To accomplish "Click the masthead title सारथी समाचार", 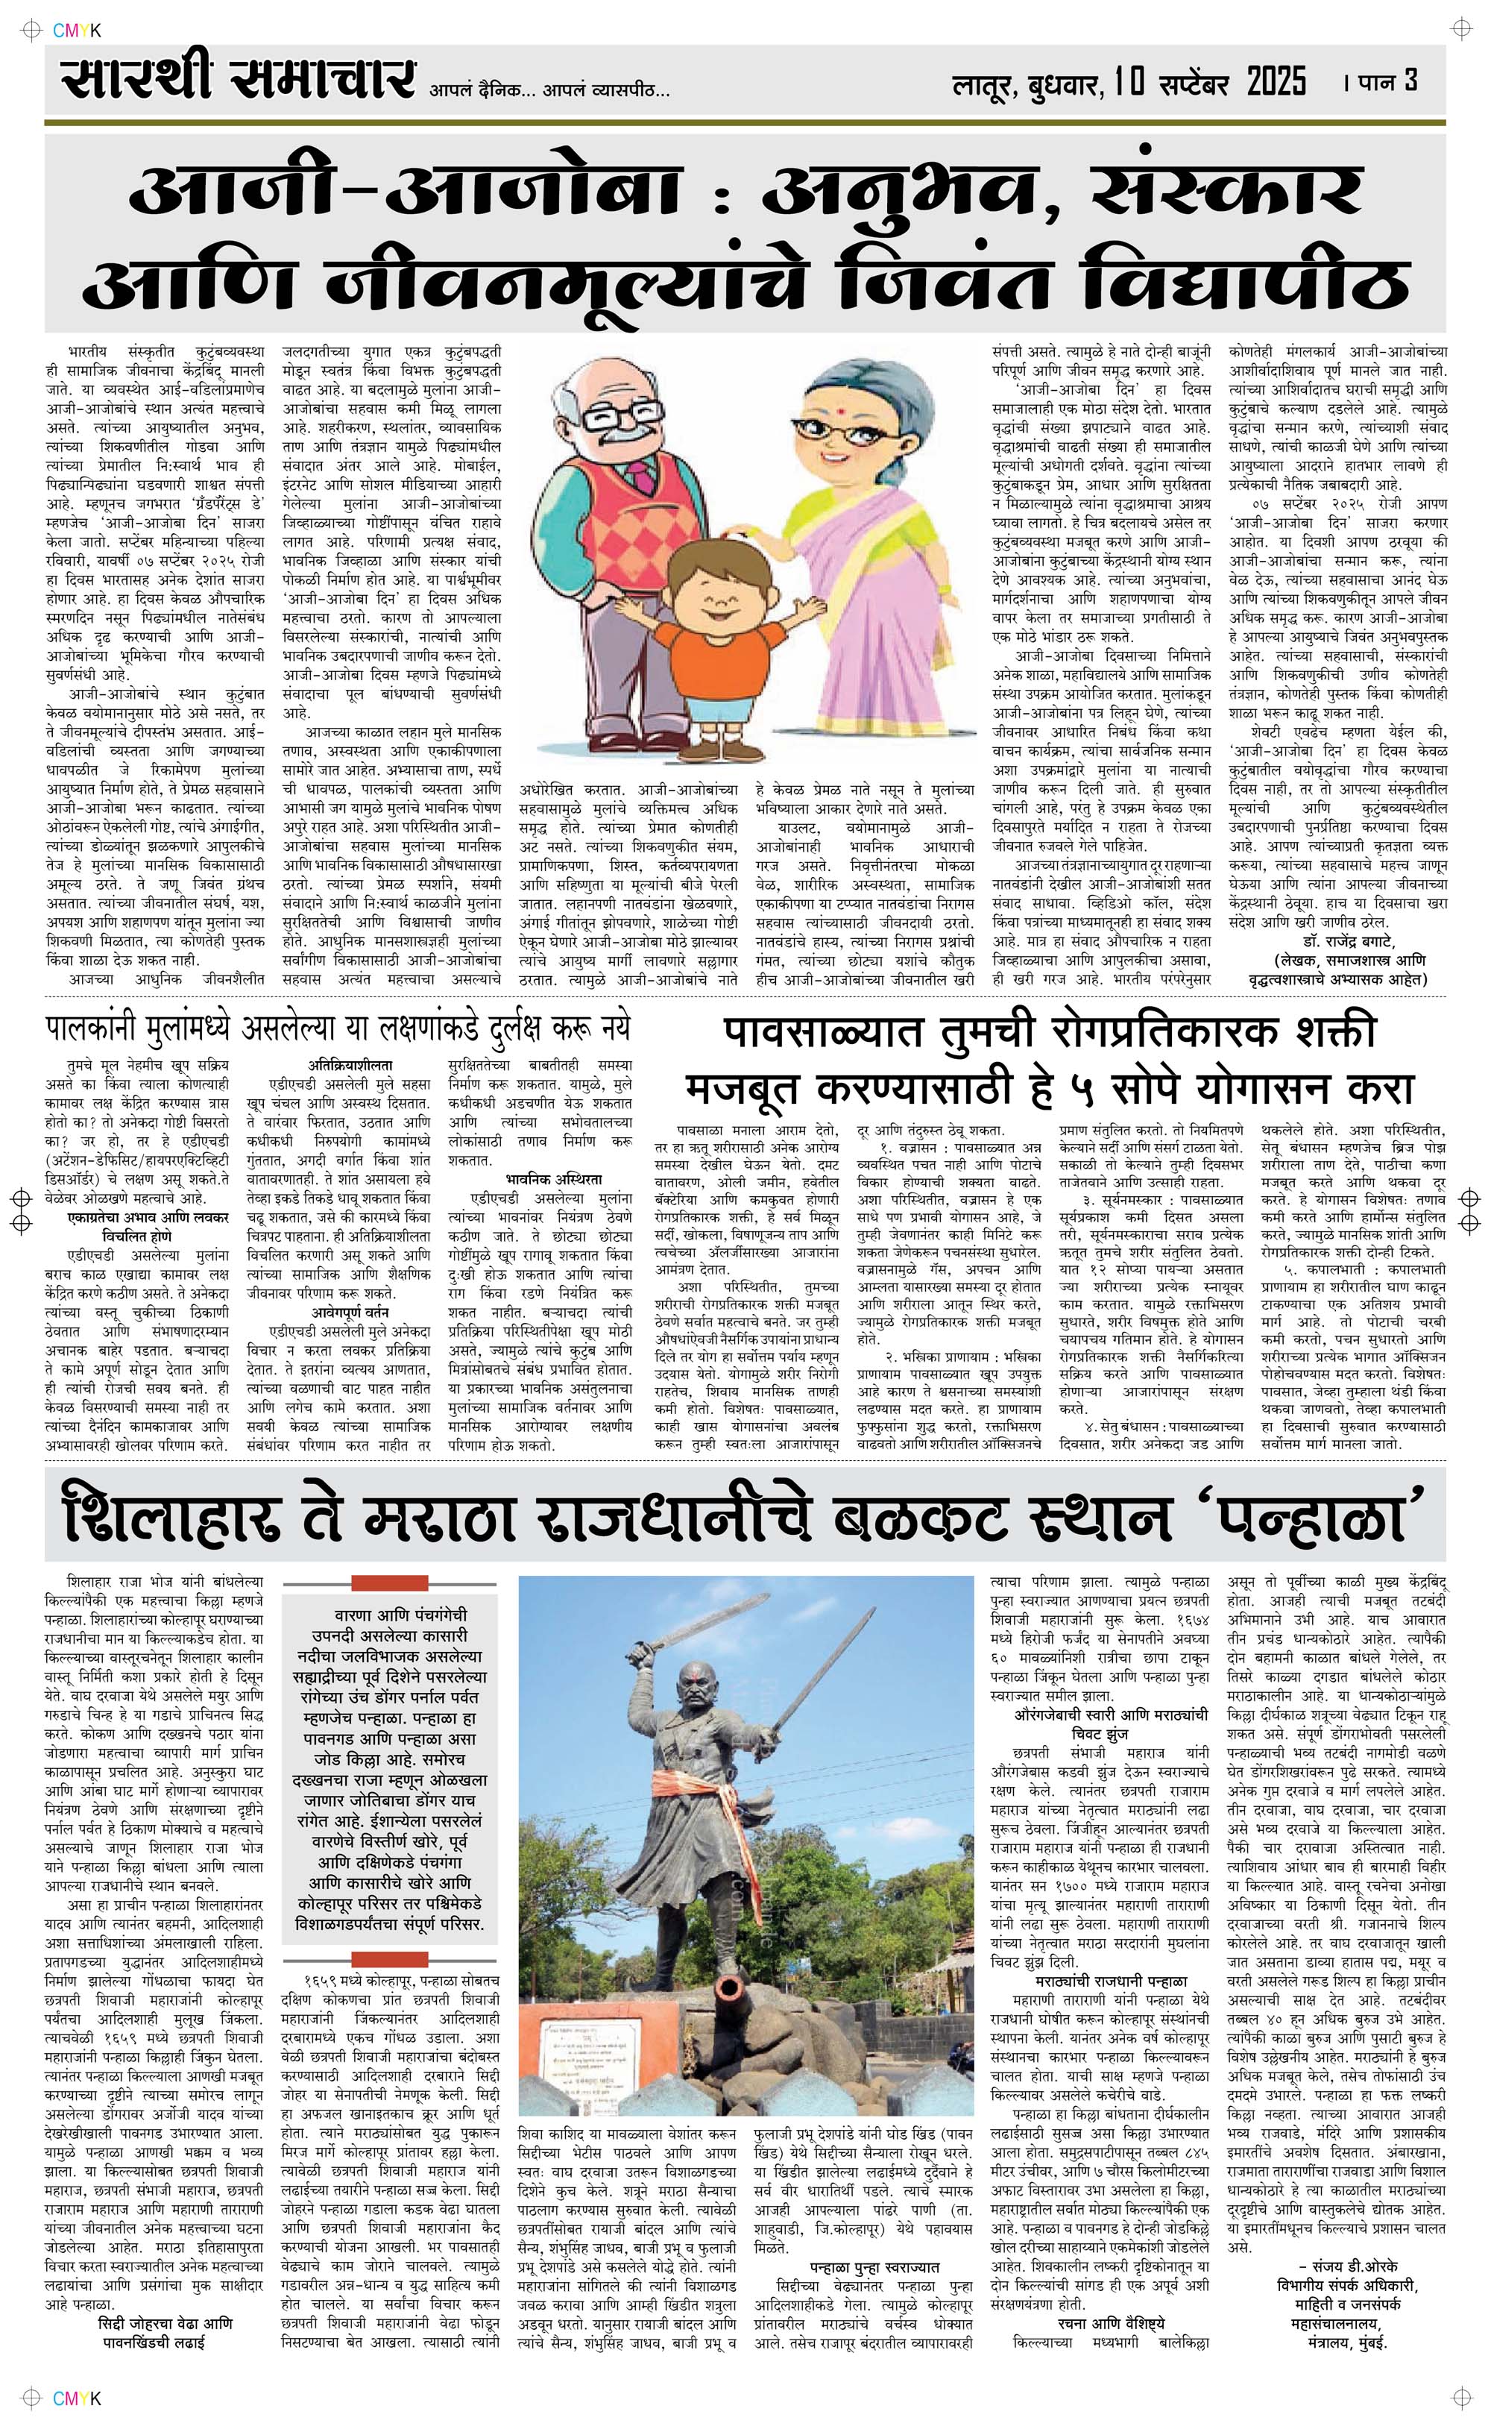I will [236, 80].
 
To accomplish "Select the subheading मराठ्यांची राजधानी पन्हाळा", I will [1110, 1979].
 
